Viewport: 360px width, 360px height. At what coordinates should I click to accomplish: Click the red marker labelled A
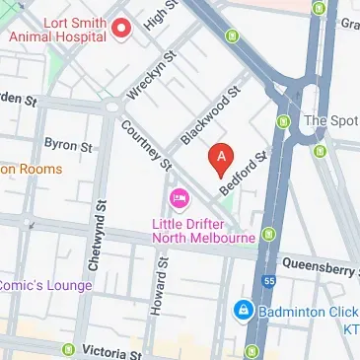[x=222, y=156]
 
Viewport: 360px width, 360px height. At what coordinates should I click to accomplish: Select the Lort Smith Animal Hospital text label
[x=56, y=28]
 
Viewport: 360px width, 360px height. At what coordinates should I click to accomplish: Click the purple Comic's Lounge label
[x=45, y=285]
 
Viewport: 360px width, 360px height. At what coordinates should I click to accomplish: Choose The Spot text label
[x=330, y=121]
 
